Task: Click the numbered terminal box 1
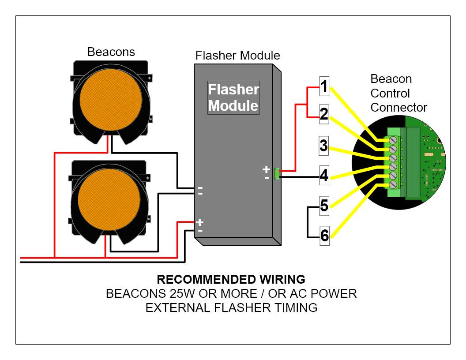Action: (x=324, y=87)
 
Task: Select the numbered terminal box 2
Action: (x=324, y=115)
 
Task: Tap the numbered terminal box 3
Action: (x=324, y=145)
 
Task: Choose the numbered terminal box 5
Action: (x=324, y=206)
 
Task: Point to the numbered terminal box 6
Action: (x=324, y=236)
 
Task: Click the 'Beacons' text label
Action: (x=111, y=52)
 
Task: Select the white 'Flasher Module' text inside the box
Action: (x=233, y=97)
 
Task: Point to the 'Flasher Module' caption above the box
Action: (x=237, y=56)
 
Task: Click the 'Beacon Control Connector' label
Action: (x=398, y=93)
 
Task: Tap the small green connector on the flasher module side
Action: (x=277, y=173)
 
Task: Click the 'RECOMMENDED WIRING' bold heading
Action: (x=231, y=279)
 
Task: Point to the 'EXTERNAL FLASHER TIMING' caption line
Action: (x=231, y=307)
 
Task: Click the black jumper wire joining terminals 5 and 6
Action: (x=308, y=221)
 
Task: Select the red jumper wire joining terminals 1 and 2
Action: (x=307, y=102)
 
